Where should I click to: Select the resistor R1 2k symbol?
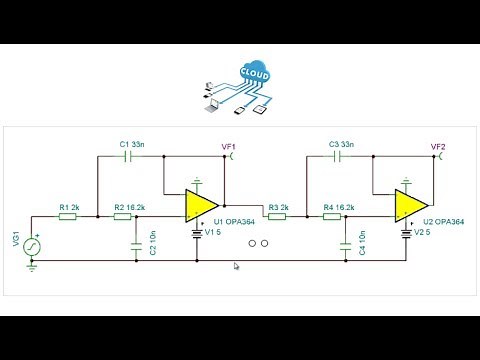tap(68, 217)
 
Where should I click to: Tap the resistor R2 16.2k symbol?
tap(127, 217)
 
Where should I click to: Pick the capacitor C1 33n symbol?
tap(127, 156)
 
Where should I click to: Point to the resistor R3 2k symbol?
tap(277, 217)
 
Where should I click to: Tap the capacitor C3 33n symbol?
tap(337, 156)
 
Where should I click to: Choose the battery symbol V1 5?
tap(197, 236)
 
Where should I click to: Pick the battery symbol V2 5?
tap(408, 236)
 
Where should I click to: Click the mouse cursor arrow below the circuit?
tap(236, 266)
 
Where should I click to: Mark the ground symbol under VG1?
tap(31, 266)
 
